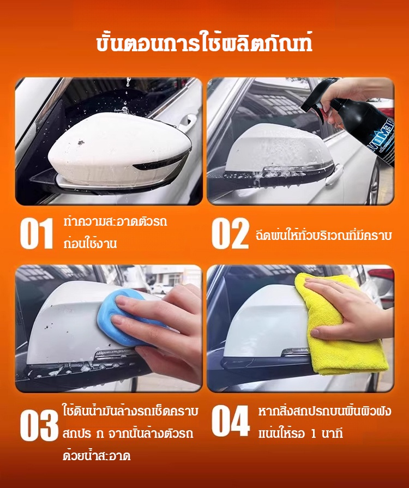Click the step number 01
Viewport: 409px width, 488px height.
coord(37,233)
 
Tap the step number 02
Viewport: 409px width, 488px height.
coord(230,233)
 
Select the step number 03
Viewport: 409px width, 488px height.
coord(39,425)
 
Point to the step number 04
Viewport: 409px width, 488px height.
coord(231,421)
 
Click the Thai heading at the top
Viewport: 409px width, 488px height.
coord(204,44)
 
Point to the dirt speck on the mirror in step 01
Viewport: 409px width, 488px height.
coord(81,142)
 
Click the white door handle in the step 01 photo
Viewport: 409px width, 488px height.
coord(187,122)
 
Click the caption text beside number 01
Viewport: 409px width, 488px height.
coord(115,232)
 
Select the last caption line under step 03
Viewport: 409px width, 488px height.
coord(97,456)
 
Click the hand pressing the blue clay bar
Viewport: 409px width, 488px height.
coord(162,327)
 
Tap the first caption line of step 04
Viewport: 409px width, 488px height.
coord(324,412)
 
